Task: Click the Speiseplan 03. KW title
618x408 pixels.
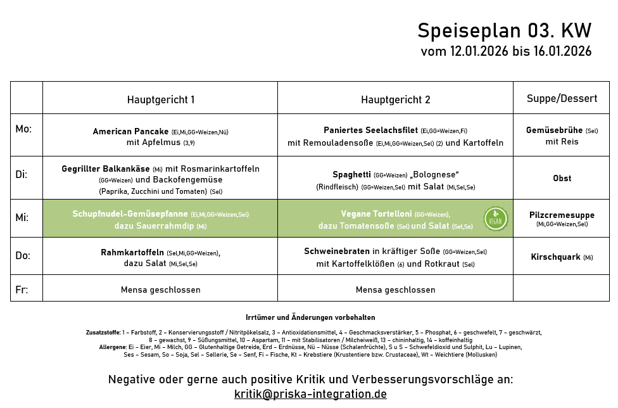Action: pos(504,30)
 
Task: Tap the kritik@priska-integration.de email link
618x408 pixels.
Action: pos(310,394)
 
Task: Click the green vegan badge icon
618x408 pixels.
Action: pos(495,219)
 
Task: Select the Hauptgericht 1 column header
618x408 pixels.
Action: pos(160,99)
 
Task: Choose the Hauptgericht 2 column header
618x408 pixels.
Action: pos(395,99)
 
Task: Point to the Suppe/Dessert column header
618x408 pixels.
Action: pos(562,98)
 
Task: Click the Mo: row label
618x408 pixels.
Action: pos(23,129)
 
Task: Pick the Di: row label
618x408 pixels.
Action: pos(22,174)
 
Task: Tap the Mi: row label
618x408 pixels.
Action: pos(22,217)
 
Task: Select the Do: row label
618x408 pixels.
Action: pos(23,255)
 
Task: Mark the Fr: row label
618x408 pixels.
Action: pos(22,290)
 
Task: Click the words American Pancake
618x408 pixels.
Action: pos(130,132)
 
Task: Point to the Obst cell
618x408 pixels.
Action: pos(562,178)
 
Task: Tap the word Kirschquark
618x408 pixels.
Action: pos(555,257)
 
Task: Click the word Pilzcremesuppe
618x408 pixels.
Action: pos(562,215)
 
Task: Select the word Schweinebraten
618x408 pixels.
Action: pos(336,251)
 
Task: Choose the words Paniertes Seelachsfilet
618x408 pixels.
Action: pos(370,131)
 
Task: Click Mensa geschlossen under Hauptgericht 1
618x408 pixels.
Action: pos(160,290)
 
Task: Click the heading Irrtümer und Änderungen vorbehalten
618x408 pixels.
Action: pos(310,317)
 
